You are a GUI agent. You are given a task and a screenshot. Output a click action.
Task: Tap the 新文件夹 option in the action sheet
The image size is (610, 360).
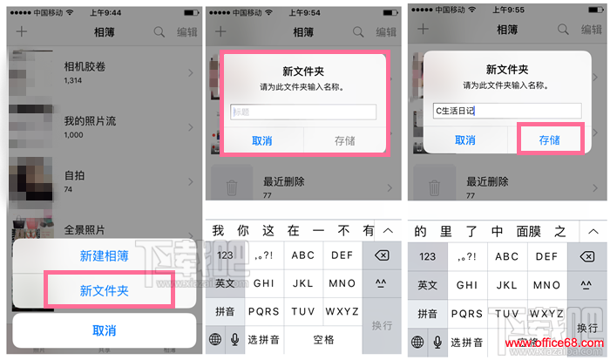[104, 290]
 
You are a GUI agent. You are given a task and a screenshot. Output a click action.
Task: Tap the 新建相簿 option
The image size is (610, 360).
[104, 256]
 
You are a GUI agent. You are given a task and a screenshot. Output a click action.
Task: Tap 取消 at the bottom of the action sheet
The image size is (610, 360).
[104, 330]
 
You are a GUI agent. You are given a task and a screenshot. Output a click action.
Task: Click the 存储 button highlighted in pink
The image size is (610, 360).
[549, 139]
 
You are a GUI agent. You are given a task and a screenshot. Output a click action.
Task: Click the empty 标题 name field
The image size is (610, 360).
[302, 112]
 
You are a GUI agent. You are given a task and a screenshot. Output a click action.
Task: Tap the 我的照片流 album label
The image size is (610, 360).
[90, 121]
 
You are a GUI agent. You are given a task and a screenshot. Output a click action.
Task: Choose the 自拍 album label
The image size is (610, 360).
[75, 174]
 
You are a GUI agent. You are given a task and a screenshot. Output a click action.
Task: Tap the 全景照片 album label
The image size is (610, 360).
[85, 230]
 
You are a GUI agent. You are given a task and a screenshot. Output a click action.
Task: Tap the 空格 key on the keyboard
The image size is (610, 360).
[323, 340]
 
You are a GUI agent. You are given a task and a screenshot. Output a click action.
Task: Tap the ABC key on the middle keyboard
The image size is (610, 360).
[303, 255]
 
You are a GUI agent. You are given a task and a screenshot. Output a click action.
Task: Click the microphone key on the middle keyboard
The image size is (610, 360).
[234, 340]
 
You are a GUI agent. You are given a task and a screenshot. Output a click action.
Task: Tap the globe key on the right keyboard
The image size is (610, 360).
[418, 340]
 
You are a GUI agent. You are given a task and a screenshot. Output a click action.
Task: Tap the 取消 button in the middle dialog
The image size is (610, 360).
[261, 139]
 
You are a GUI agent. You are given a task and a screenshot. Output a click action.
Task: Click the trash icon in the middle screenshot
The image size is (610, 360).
[231, 187]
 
